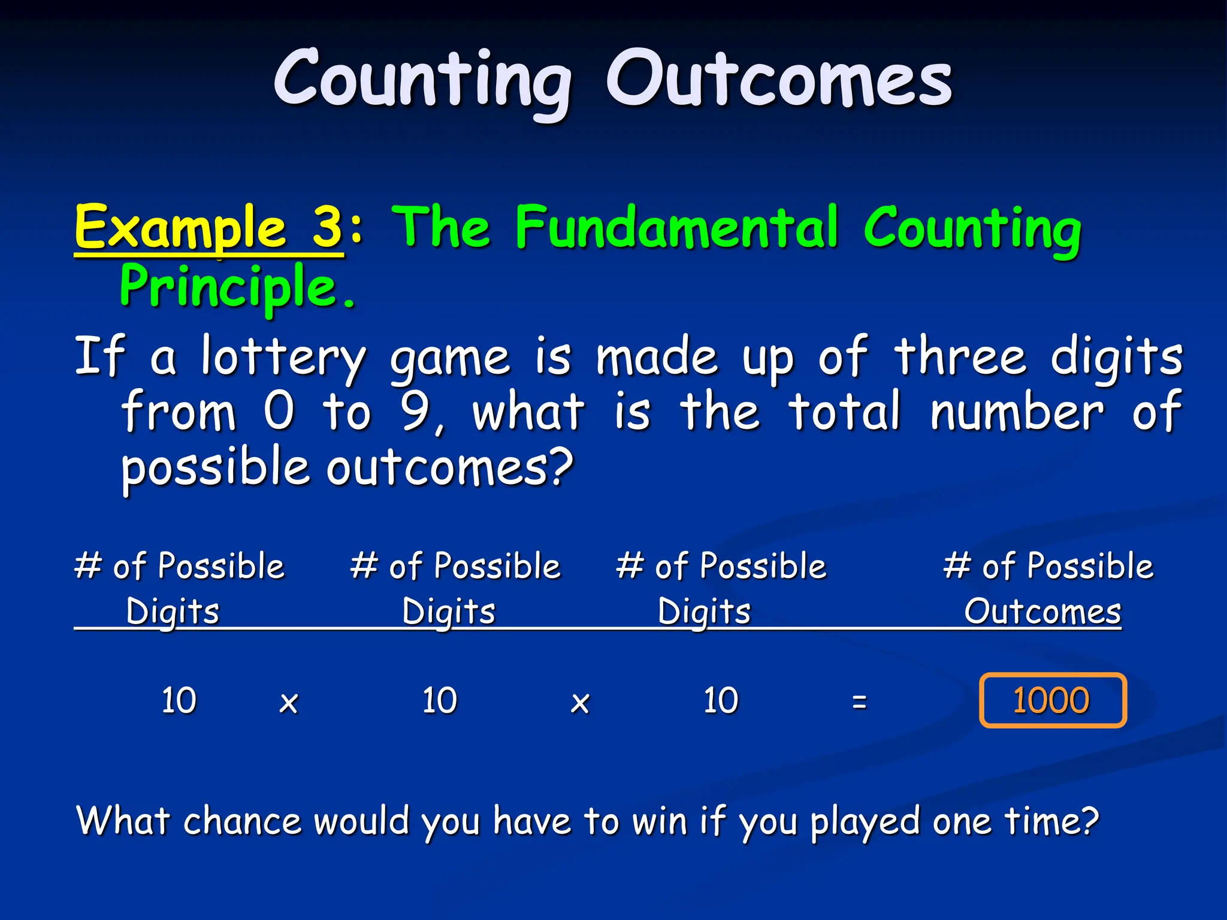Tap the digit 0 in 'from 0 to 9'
279,411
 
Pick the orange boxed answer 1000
1052,700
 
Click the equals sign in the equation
859,701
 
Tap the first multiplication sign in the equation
289,703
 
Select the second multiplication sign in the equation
580,703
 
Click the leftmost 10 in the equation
179,700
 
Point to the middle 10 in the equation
439,700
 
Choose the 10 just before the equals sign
721,700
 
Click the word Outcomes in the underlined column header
1042,612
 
